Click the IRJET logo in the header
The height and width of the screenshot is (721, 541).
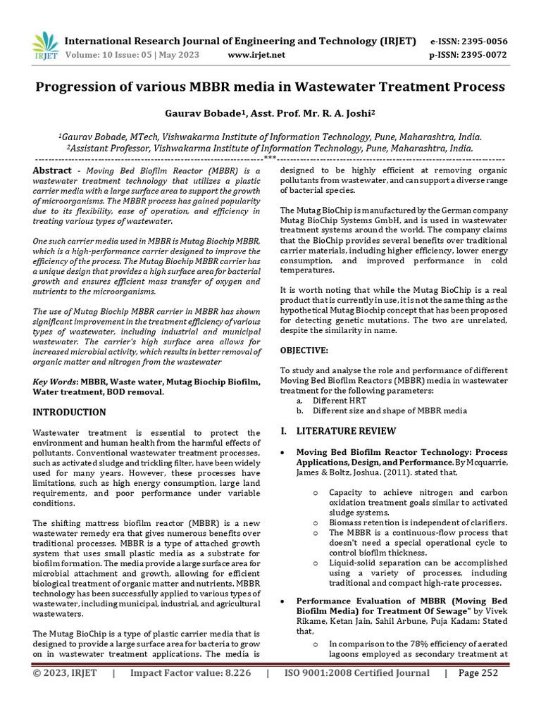pos(46,46)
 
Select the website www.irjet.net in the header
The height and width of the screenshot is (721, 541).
pos(257,55)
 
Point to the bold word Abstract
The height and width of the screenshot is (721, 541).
pos(53,171)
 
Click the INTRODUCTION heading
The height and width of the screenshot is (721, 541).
pos(70,412)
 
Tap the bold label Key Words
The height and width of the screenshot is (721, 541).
pos(56,381)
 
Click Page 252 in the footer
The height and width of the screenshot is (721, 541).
pos(478,673)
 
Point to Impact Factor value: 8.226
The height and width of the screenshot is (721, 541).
pos(190,673)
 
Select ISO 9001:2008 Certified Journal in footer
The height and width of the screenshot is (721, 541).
pos(356,673)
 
